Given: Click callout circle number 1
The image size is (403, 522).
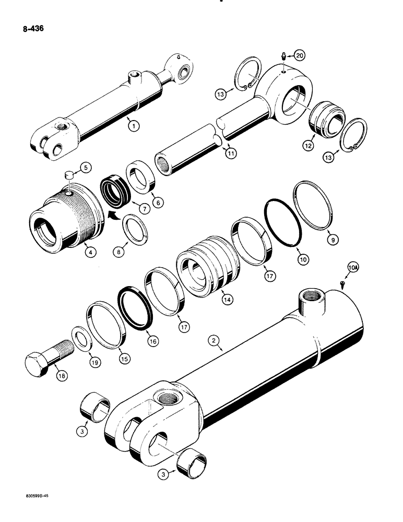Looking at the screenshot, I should pyautogui.click(x=135, y=125).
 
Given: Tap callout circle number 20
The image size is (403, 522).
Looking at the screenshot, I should pyautogui.click(x=299, y=55).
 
